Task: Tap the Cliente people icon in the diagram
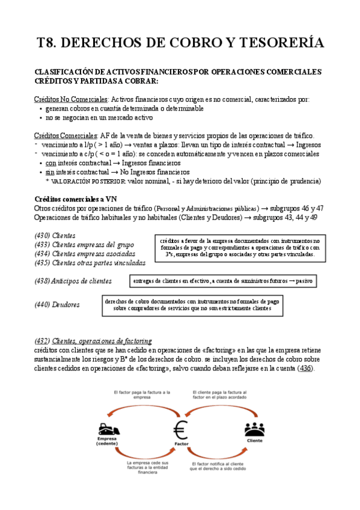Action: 255,429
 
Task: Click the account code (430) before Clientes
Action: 43,235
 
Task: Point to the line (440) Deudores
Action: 57,305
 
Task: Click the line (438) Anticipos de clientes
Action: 73,281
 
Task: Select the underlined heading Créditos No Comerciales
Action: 71,99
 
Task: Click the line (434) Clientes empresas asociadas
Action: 84,253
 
